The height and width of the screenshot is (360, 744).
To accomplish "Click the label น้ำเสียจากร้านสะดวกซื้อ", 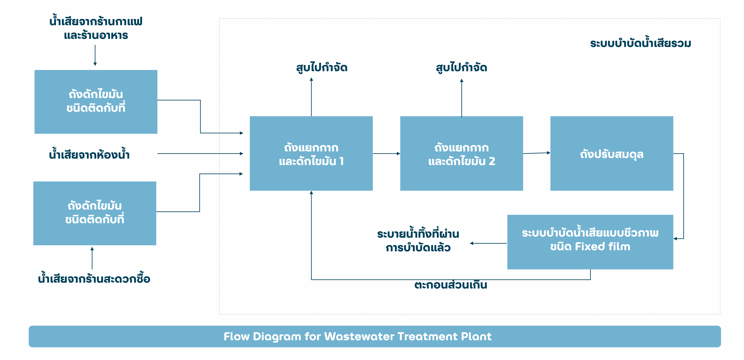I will click(94, 279).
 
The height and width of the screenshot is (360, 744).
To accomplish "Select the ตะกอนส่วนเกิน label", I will click(451, 285).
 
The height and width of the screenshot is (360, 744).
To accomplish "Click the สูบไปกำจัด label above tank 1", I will click(322, 68).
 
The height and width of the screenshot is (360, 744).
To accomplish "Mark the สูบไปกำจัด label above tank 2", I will click(461, 68).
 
